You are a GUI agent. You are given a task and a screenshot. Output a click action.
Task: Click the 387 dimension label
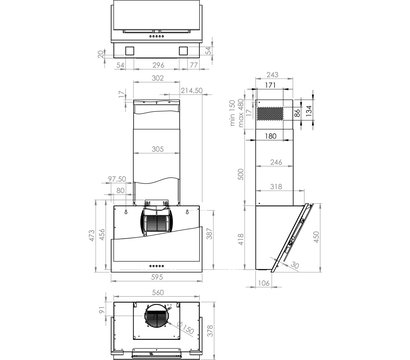[x=209, y=234]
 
